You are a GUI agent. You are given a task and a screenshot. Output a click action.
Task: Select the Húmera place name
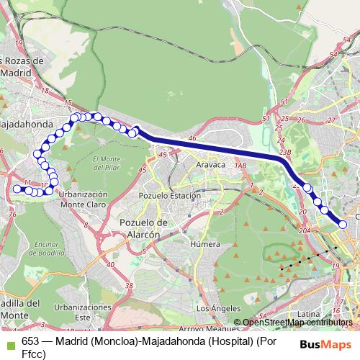(x=204, y=244)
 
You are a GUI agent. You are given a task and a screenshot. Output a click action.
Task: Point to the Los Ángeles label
(x=214, y=309)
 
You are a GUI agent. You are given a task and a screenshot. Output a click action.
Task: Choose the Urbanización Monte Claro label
(x=83, y=199)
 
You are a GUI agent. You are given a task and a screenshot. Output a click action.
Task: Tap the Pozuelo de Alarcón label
(x=142, y=228)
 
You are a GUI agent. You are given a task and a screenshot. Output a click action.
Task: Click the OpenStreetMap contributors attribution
(x=297, y=323)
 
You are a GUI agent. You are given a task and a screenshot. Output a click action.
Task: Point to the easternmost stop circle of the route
(x=343, y=225)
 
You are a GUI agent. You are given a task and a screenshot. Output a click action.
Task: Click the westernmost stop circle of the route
(x=17, y=189)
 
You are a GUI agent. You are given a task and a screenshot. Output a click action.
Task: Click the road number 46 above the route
(x=192, y=137)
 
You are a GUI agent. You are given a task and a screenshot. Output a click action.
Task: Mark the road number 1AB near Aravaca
(x=240, y=166)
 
